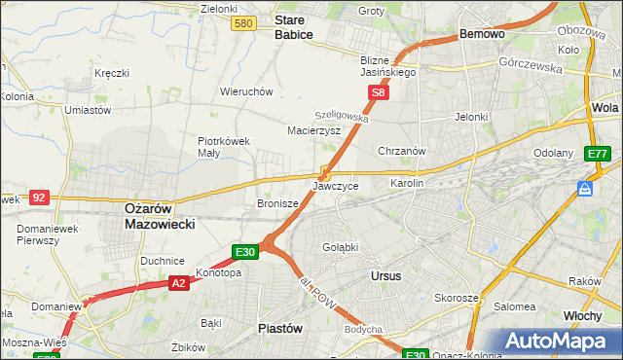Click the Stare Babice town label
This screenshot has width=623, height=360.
[293, 26]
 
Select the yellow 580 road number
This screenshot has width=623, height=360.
[245, 23]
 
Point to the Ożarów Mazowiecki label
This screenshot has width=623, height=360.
[160, 215]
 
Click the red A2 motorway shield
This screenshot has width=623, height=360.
[178, 283]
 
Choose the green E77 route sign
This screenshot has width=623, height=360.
[597, 154]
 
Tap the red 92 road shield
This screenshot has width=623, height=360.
[39, 197]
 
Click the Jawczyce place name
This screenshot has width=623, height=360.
[336, 185]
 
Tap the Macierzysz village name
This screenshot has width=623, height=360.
[312, 129]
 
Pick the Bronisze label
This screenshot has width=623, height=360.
[276, 204]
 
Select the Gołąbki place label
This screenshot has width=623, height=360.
[341, 247]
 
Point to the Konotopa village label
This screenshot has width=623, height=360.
[218, 272]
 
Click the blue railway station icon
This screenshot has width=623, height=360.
[585, 188]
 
